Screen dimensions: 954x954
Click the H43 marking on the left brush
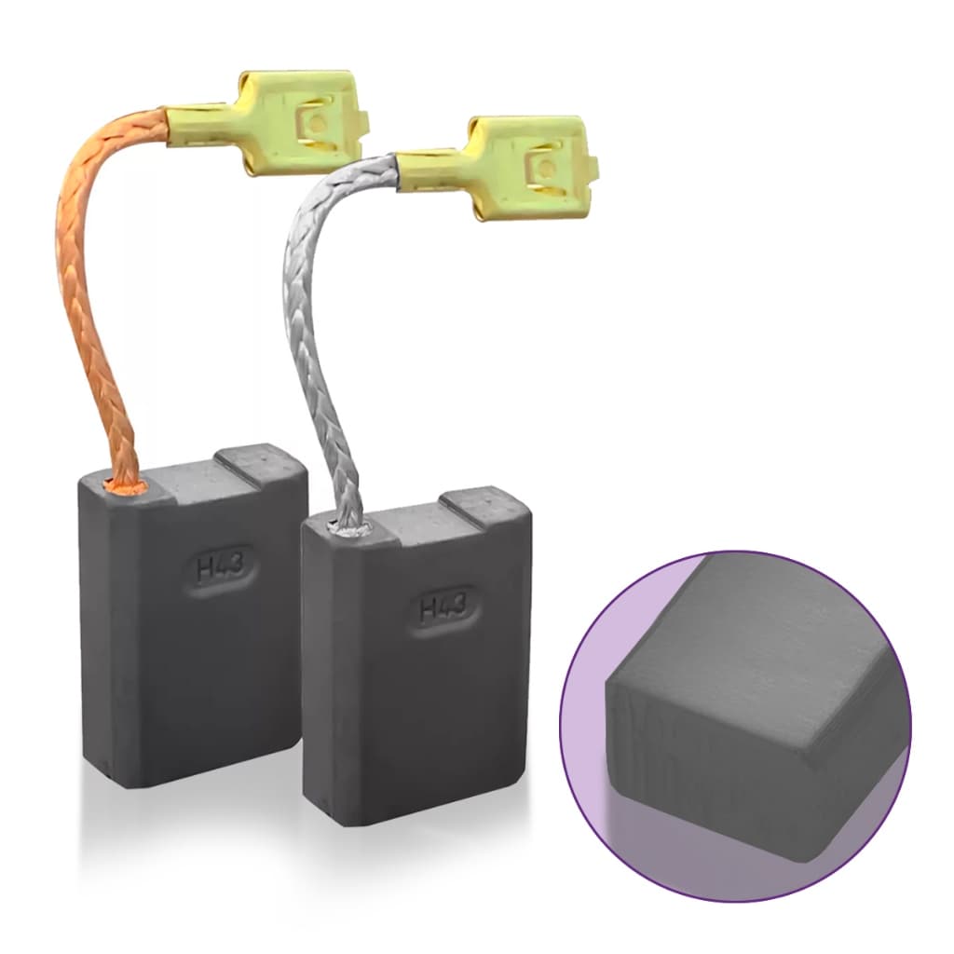(220, 567)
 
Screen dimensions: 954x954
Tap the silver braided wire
(321, 341)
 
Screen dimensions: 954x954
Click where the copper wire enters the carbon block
(126, 485)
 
